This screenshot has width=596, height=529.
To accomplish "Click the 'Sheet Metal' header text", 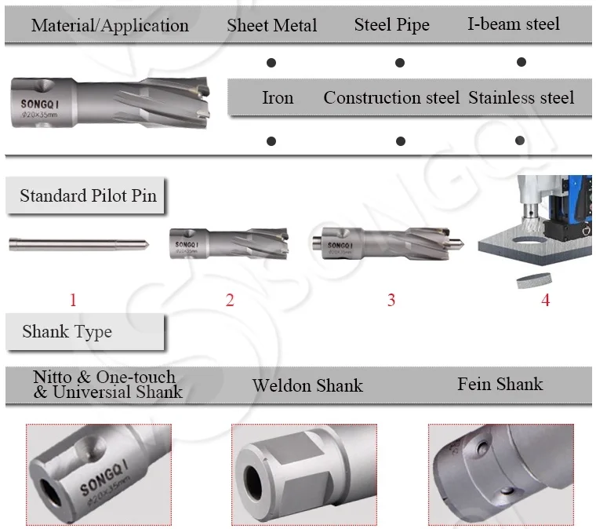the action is pyautogui.click(x=272, y=25).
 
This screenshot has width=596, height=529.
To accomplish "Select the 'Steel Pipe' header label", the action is pyautogui.click(x=392, y=24).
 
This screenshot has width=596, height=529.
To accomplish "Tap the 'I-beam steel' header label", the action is pyautogui.click(x=514, y=24).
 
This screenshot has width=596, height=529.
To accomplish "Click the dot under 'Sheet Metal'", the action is pyautogui.click(x=271, y=63).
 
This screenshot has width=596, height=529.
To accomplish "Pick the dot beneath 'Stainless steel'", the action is pyautogui.click(x=520, y=140).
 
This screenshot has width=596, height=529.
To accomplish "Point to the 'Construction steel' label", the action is pyautogui.click(x=391, y=98).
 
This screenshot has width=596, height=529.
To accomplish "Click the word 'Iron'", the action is pyautogui.click(x=278, y=98).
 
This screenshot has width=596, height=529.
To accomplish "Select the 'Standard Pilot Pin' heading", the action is pyautogui.click(x=88, y=195).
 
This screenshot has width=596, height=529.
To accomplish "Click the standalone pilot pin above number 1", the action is pyautogui.click(x=79, y=245).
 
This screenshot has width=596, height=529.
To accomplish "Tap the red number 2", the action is pyautogui.click(x=230, y=301).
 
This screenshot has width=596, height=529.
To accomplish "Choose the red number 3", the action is pyautogui.click(x=391, y=301).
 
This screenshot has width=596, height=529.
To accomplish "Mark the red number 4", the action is pyautogui.click(x=546, y=301).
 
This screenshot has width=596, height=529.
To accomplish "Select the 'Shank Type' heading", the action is pyautogui.click(x=67, y=332).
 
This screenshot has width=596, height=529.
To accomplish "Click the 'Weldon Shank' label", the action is pyautogui.click(x=307, y=385).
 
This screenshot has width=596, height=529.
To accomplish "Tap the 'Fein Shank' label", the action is pyautogui.click(x=500, y=384).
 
